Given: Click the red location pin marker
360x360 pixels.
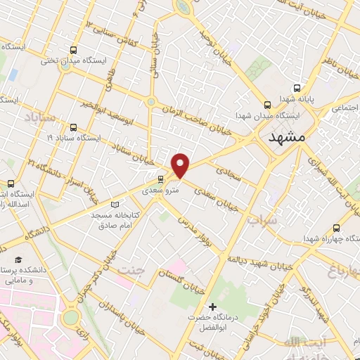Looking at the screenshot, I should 181,165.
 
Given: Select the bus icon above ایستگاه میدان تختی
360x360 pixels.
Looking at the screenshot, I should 74,50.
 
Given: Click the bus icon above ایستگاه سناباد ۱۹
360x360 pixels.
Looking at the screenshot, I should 75,127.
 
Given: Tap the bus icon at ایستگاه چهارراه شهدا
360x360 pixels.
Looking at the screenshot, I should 336,228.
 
